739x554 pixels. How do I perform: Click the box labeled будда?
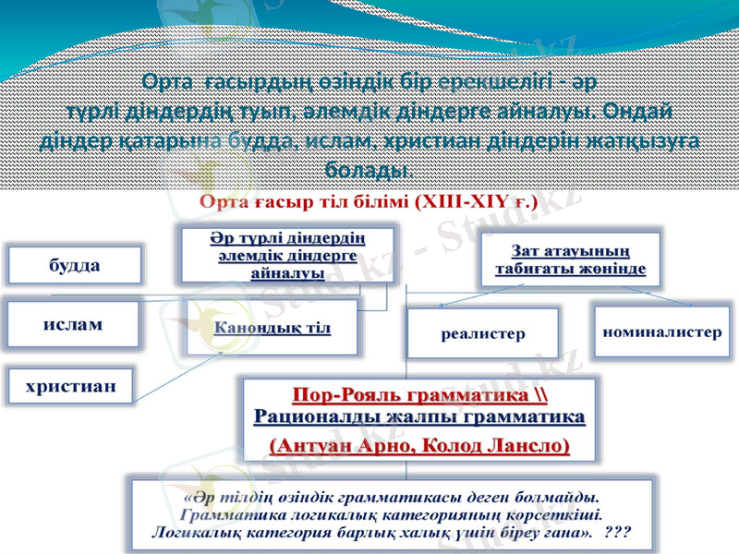(x=75, y=265)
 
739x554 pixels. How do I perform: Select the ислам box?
(x=73, y=325)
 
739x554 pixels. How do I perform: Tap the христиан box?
(x=70, y=387)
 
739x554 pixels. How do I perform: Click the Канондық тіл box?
(x=273, y=328)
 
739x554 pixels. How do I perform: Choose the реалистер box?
(x=482, y=332)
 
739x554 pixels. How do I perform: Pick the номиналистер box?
(x=661, y=330)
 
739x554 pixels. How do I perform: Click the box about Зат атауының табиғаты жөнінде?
(x=570, y=259)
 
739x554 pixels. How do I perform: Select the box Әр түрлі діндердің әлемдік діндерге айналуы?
(x=286, y=251)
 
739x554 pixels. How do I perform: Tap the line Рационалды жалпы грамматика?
(x=419, y=417)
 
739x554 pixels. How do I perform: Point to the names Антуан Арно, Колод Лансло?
(x=419, y=444)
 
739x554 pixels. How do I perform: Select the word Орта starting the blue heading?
(x=169, y=81)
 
